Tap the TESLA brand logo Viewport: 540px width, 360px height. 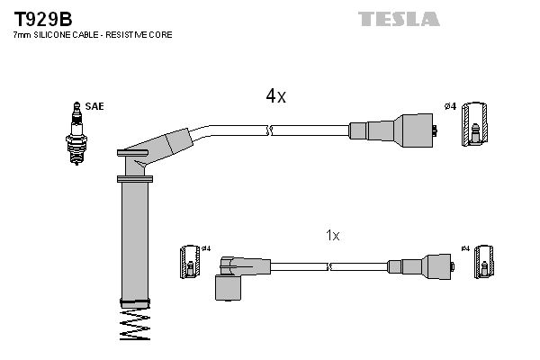[398, 19]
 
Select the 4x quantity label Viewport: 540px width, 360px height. [274, 96]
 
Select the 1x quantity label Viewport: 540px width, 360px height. [332, 236]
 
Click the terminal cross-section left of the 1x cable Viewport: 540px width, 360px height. [190, 262]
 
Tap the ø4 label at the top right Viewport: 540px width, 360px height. [450, 107]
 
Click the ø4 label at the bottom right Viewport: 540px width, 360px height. [464, 248]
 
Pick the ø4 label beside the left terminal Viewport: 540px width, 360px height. [206, 248]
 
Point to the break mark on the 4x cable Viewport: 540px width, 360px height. [269, 131]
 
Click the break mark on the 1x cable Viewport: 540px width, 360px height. [330, 266]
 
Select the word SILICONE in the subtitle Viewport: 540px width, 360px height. [51, 33]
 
